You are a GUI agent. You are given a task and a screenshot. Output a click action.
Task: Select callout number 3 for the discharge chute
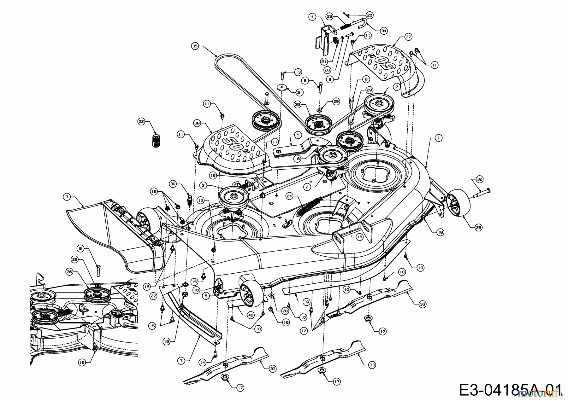tap(66, 197)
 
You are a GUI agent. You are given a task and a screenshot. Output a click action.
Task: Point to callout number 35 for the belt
tap(195, 46)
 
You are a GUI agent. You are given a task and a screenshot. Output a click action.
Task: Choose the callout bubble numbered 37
tap(409, 38)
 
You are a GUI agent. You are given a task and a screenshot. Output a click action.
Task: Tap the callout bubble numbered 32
tap(480, 179)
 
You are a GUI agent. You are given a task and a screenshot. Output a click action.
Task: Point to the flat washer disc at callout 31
tap(282, 87)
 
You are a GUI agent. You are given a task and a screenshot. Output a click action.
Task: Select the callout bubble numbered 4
tap(312, 17)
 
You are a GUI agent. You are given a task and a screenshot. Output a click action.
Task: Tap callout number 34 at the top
tap(383, 31)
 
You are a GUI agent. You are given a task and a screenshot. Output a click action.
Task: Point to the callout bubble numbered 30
tap(172, 184)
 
